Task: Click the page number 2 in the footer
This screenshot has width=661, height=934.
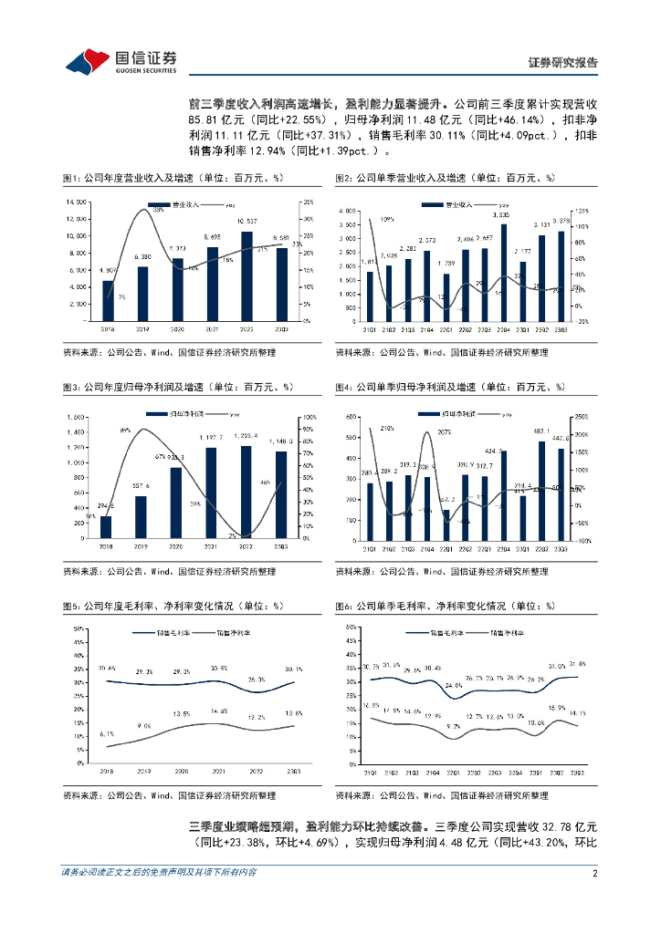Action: (594, 898)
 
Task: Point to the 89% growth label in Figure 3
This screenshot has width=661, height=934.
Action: (125, 430)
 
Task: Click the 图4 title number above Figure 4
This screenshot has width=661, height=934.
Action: (342, 387)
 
